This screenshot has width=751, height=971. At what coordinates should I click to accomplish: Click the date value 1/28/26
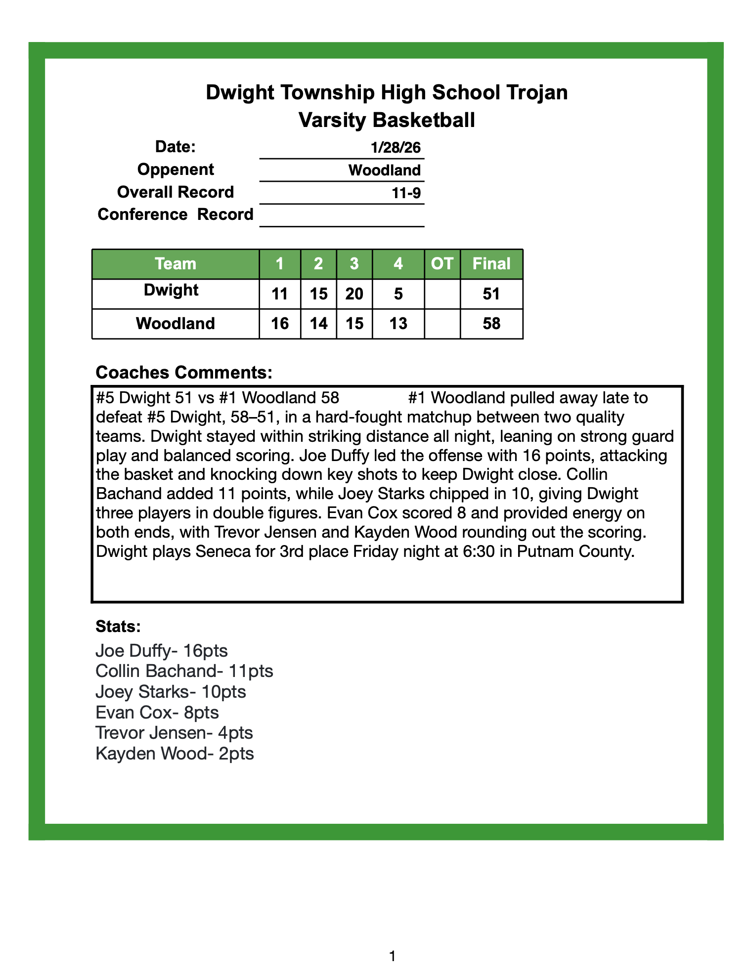(x=396, y=147)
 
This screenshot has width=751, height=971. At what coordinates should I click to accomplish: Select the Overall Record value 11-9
(x=406, y=193)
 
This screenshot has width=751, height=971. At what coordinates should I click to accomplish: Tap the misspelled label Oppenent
(x=176, y=169)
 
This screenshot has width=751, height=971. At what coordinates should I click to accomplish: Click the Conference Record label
(x=176, y=214)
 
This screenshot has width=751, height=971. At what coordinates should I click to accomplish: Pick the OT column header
(x=442, y=264)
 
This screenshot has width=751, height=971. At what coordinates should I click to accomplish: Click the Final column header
(x=491, y=264)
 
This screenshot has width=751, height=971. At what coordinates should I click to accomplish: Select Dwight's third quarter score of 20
(x=354, y=295)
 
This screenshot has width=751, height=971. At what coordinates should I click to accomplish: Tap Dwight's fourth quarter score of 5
(x=398, y=295)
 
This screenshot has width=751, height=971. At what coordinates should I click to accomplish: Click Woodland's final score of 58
(x=491, y=324)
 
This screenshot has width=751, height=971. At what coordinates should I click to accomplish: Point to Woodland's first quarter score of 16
(x=280, y=324)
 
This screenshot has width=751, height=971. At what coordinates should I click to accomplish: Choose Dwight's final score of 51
(x=491, y=295)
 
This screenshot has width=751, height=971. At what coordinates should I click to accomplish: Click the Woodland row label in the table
(x=176, y=324)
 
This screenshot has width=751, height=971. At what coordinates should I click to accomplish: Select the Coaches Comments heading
(x=184, y=373)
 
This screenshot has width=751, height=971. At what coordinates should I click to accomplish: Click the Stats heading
(x=118, y=627)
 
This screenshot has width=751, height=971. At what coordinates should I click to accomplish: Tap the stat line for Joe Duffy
(x=162, y=651)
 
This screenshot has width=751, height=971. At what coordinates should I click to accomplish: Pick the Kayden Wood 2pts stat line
(x=175, y=754)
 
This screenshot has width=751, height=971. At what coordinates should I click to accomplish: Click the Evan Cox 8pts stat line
(x=157, y=713)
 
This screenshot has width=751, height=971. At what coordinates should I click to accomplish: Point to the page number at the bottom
(x=393, y=957)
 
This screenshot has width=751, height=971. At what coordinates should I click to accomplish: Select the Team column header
(x=176, y=264)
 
